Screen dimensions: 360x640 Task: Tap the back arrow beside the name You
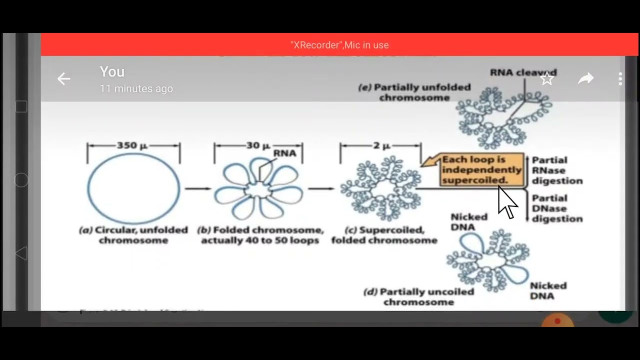click(63, 79)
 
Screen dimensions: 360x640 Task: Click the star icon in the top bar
click(547, 79)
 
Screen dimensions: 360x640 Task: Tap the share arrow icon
click(585, 79)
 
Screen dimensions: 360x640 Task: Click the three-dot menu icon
click(620, 79)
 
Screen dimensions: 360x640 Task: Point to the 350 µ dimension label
click(132, 145)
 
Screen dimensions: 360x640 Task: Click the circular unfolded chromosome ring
click(133, 188)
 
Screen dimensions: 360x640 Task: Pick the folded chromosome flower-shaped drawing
click(258, 190)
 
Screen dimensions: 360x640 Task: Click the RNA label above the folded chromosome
click(284, 153)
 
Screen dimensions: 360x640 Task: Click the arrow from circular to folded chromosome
click(198, 188)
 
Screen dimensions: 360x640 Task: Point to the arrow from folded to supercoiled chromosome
click(321, 188)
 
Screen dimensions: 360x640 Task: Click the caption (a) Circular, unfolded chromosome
click(133, 235)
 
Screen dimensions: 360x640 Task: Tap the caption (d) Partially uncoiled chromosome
click(419, 296)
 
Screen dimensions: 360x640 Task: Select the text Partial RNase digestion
click(556, 170)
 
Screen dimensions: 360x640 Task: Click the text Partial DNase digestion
click(556, 208)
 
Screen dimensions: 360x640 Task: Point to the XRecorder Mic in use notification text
click(339, 45)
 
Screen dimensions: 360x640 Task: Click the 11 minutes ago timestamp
click(136, 88)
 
